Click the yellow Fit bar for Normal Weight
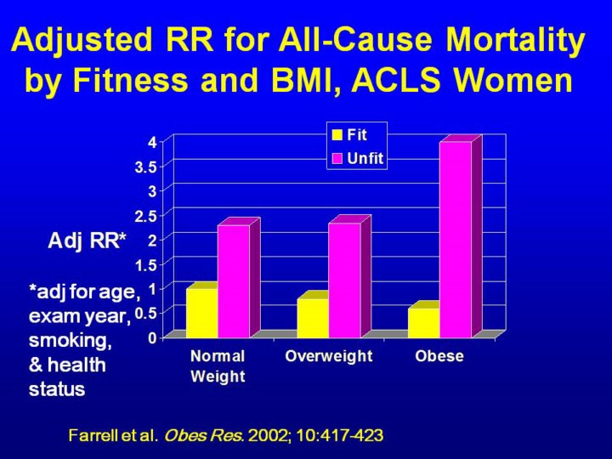tap(201, 313)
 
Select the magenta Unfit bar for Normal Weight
tap(234, 280)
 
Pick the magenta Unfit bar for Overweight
tap(344, 280)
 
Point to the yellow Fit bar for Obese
tap(423, 322)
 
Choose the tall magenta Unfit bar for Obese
tap(456, 239)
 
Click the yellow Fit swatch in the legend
tap(337, 134)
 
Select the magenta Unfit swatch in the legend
tap(337, 157)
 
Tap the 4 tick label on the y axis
tap(151, 142)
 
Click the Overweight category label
tap(329, 356)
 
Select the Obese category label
tap(439, 356)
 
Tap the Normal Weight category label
tap(218, 366)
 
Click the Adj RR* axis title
tap(87, 241)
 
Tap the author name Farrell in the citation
tap(93, 436)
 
